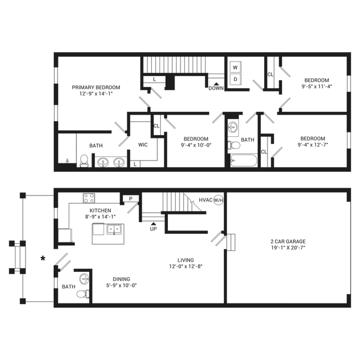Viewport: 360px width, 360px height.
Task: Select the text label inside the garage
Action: coord(288,244)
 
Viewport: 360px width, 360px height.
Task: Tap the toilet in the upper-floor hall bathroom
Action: coord(236,145)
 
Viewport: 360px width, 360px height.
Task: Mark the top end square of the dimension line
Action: coord(22,195)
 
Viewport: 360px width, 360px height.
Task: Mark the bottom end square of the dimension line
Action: coord(22,301)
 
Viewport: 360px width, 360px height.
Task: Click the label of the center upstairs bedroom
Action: coord(196,141)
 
